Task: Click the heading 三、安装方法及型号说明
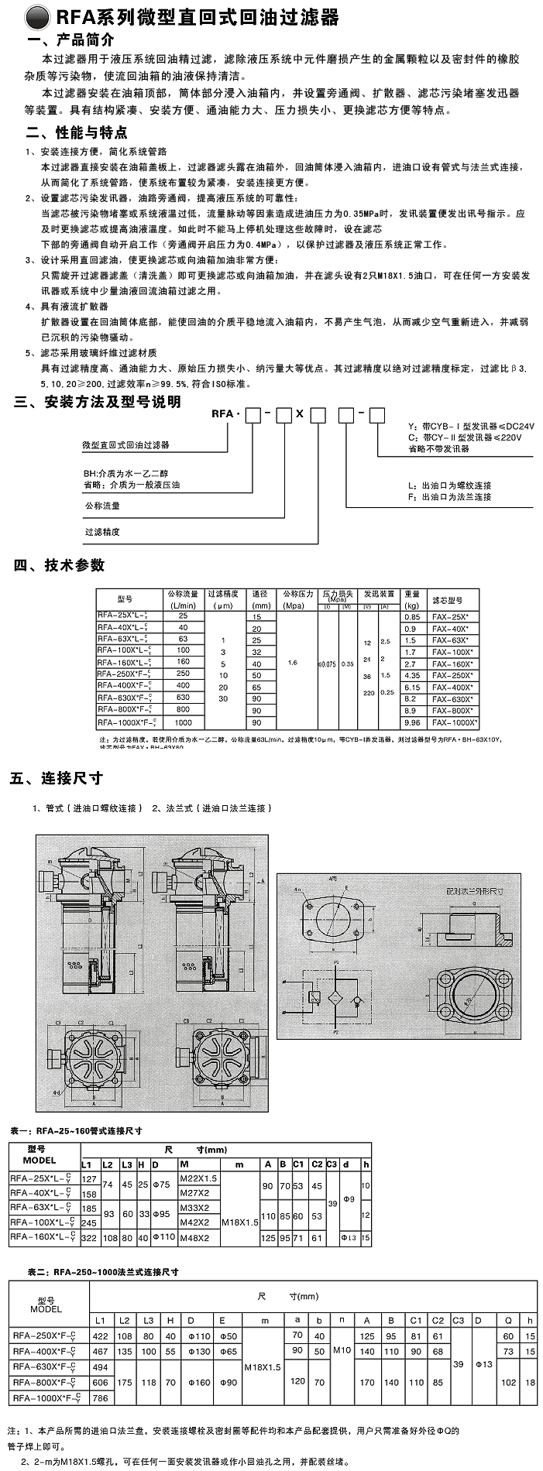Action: pos(98,402)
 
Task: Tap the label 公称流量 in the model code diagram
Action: pos(101,506)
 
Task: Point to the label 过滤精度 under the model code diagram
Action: pos(101,532)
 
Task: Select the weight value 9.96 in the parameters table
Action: pos(412,722)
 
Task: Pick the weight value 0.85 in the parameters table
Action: pos(412,616)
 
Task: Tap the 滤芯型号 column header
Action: pos(448,599)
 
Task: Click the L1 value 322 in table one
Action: pos(89,1237)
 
